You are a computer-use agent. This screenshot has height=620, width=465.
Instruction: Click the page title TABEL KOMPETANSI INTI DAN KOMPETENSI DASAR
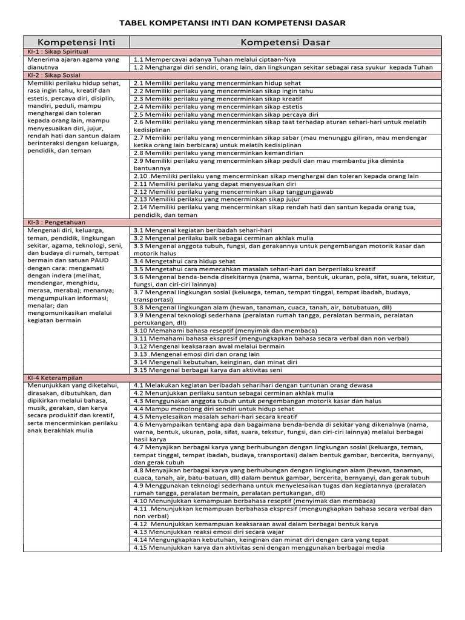point(232,23)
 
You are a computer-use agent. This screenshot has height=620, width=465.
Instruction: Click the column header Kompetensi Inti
point(76,42)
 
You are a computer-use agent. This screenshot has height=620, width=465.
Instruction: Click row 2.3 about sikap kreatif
point(218,99)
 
